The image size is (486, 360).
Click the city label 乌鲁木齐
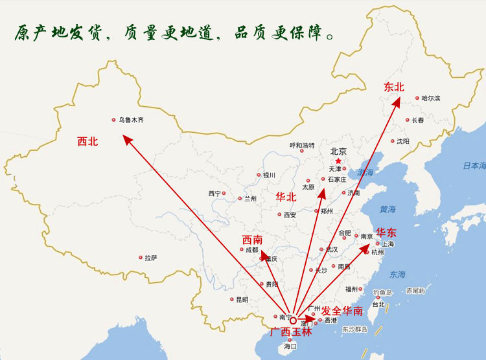click(131, 120)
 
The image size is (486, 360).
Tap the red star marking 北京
click(338, 161)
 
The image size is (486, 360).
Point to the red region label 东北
click(393, 87)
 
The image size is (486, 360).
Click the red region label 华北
click(286, 196)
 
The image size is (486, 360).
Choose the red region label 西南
click(252, 240)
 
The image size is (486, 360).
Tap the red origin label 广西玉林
click(291, 332)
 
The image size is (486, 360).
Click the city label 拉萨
click(150, 258)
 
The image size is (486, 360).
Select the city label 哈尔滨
click(430, 98)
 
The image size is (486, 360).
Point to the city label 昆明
click(242, 299)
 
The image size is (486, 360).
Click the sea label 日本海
click(474, 166)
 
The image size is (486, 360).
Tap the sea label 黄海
click(388, 209)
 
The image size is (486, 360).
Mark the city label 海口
click(290, 347)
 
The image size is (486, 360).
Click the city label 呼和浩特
click(302, 146)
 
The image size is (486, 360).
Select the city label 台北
click(378, 304)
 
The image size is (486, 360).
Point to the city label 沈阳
click(402, 141)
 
